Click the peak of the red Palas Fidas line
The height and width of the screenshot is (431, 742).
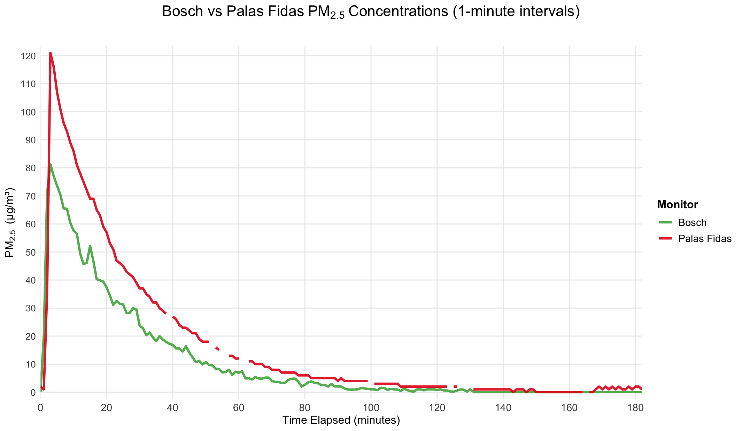tap(50, 53)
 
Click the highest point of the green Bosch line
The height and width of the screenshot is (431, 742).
tap(51, 164)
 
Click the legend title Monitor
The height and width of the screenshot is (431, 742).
tap(677, 205)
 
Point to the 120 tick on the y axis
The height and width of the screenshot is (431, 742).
tap(28, 56)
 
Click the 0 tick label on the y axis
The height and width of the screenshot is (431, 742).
tap(33, 392)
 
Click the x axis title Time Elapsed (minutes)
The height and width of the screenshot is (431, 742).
tap(341, 420)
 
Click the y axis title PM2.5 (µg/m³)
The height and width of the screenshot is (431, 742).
tap(10, 223)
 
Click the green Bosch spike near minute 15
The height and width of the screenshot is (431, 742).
tap(90, 246)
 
